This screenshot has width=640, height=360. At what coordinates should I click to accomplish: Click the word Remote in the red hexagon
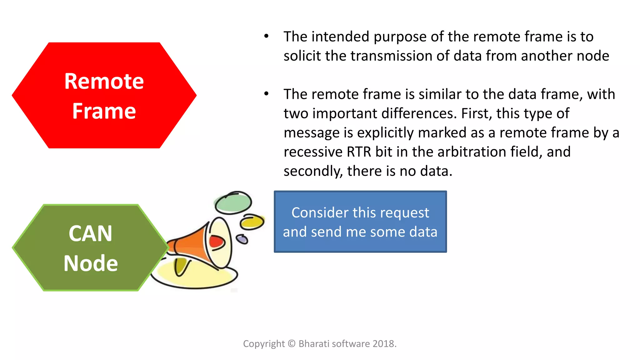click(x=104, y=81)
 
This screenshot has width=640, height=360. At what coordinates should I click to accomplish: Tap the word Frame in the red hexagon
click(x=104, y=111)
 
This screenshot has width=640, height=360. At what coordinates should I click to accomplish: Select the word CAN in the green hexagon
click(x=90, y=234)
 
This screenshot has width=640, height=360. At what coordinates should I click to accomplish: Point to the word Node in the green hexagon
click(x=91, y=263)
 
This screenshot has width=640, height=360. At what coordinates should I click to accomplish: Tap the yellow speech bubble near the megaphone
click(x=252, y=222)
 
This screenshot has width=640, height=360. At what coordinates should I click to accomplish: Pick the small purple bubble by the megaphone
click(x=242, y=239)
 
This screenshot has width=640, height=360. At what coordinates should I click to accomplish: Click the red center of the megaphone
click(x=216, y=242)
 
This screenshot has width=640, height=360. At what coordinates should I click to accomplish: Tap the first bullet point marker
click(x=266, y=36)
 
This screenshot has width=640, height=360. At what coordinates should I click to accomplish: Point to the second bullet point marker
click(x=266, y=94)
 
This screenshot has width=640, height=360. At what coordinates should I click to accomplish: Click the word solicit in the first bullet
click(x=302, y=56)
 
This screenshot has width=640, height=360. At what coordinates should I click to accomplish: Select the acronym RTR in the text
click(x=359, y=152)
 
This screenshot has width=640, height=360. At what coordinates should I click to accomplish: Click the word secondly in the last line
click(x=313, y=172)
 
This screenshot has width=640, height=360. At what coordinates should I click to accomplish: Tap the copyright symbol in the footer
click(x=292, y=344)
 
